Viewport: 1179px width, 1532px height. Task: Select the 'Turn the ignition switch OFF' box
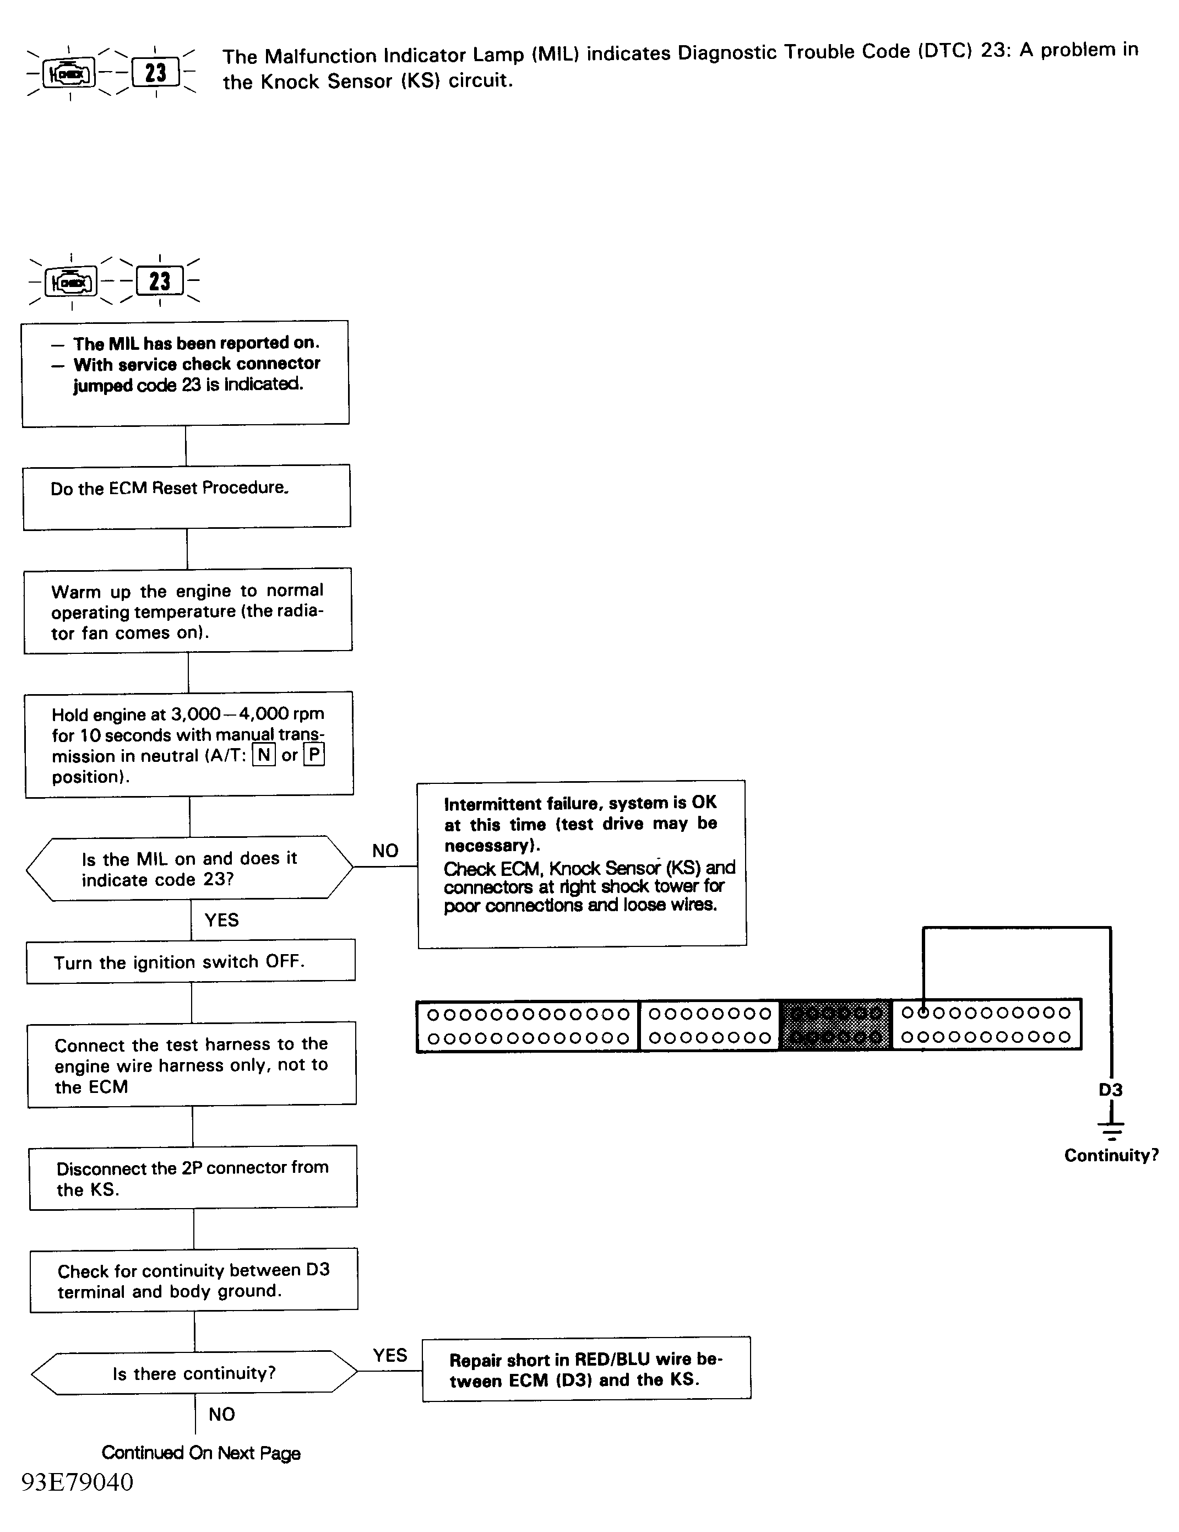[191, 961]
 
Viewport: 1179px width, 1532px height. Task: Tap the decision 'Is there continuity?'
[194, 1373]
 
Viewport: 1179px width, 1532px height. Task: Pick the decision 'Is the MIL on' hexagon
[189, 868]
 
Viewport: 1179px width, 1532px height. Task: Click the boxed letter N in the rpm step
[264, 755]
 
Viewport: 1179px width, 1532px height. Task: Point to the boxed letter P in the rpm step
[313, 755]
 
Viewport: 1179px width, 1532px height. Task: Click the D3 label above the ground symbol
[1110, 1090]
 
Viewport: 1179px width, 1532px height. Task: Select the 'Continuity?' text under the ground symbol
[1111, 1155]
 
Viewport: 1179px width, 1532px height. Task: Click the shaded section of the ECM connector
[835, 1025]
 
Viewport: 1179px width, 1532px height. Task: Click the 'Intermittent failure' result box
[582, 863]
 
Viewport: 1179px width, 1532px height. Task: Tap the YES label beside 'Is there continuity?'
[390, 1355]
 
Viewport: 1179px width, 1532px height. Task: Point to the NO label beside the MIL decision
[385, 850]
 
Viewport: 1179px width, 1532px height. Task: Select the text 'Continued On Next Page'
[200, 1453]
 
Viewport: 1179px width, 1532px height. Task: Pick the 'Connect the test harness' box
[192, 1065]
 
